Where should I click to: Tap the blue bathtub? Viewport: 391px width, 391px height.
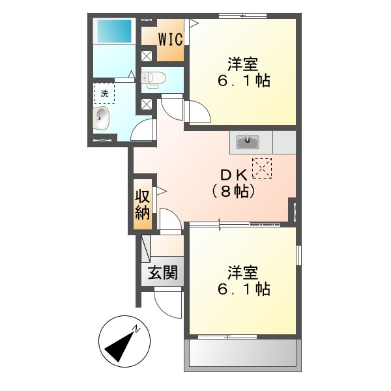(113, 31)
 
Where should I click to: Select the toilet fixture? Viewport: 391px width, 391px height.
(154, 79)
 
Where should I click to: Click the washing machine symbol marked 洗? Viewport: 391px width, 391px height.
(104, 93)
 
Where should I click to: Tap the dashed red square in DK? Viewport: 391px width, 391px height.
(262, 168)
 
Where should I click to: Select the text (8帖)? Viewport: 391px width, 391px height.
(231, 192)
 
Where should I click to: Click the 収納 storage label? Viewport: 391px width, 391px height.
(143, 204)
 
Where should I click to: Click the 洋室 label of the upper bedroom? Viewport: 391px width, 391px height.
(242, 64)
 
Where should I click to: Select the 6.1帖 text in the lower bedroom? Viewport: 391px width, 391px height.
(242, 289)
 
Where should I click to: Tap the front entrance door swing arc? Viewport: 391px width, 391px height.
(168, 305)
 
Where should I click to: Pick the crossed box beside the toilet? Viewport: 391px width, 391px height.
(147, 56)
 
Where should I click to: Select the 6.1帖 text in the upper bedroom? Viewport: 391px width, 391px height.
(242, 82)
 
